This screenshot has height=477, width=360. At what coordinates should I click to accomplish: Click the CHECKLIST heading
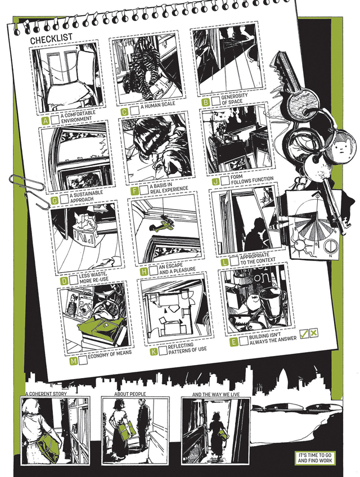coord(51,38)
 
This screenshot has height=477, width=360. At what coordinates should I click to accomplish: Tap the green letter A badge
coord(46,121)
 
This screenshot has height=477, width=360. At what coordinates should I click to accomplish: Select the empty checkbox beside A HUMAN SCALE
coord(135,110)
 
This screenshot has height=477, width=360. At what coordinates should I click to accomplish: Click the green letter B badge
coord(206,102)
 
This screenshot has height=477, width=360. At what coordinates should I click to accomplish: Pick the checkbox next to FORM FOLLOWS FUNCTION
coord(225,181)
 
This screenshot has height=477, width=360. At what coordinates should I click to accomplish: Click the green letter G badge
coord(55,201)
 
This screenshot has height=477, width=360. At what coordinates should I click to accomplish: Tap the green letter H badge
coord(144,271)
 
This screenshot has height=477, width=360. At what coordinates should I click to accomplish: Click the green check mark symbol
coord(304,333)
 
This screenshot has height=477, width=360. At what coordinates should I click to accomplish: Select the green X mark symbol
coord(314,332)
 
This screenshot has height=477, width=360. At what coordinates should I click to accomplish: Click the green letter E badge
coord(233,342)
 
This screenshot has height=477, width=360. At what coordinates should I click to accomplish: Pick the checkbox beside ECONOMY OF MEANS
coord(83,360)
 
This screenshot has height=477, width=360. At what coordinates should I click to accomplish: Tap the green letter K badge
coord(154,352)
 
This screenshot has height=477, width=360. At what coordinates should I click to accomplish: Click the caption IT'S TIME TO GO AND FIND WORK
coord(314,458)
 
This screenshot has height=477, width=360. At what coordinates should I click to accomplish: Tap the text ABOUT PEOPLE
coord(130,394)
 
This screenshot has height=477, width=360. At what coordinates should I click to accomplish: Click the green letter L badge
coord(224,262)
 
